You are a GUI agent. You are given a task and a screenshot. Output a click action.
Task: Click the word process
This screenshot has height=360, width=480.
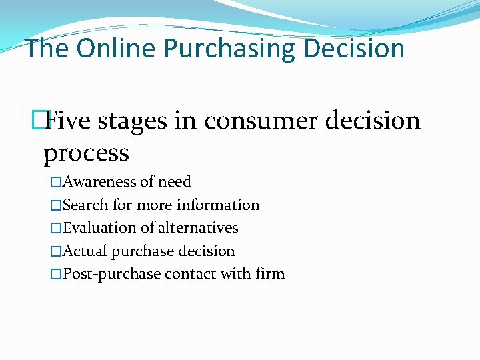click(x=86, y=153)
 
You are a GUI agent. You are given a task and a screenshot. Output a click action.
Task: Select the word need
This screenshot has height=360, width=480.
click(x=174, y=182)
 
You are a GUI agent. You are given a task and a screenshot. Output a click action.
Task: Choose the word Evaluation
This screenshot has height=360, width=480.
click(x=99, y=228)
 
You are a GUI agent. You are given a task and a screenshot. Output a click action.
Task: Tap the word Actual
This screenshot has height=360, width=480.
click(x=85, y=251)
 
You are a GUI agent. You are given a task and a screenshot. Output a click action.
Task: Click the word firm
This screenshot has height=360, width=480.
click(x=270, y=274)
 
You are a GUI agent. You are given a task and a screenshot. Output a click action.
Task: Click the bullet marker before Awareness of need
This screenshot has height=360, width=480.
click(x=56, y=182)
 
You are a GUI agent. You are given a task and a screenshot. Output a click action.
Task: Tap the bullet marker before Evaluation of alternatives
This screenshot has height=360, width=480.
click(x=56, y=228)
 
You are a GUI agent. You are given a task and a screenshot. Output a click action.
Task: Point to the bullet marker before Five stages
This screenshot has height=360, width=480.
click(x=39, y=121)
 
